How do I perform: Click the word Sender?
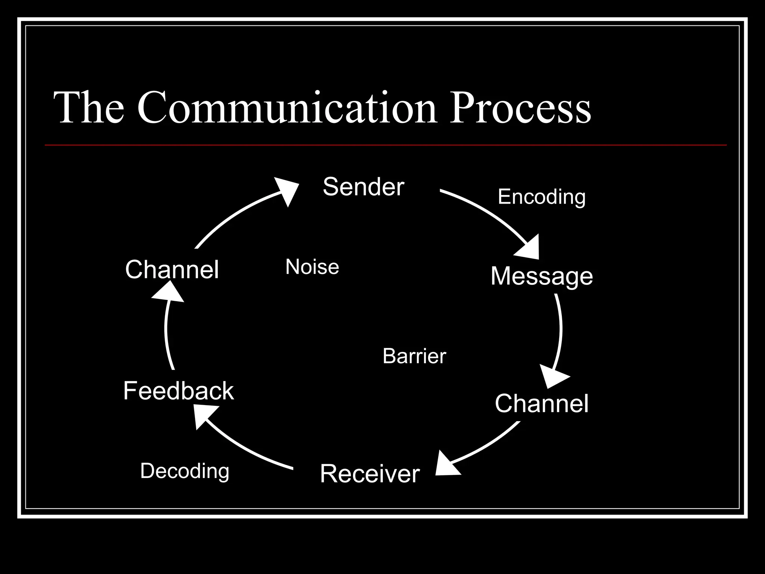coord(363,187)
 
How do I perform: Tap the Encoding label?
coord(541,197)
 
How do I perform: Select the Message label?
coord(541,277)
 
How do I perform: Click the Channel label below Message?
coord(541,404)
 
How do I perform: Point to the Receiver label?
coord(370,474)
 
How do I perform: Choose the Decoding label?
coord(185,471)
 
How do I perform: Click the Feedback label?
coord(178,391)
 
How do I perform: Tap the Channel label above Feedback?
coord(172,269)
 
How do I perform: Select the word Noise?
coord(312,267)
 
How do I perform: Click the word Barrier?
coord(414,356)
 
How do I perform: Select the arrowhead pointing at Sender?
coord(288,190)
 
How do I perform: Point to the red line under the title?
coord(385,145)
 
